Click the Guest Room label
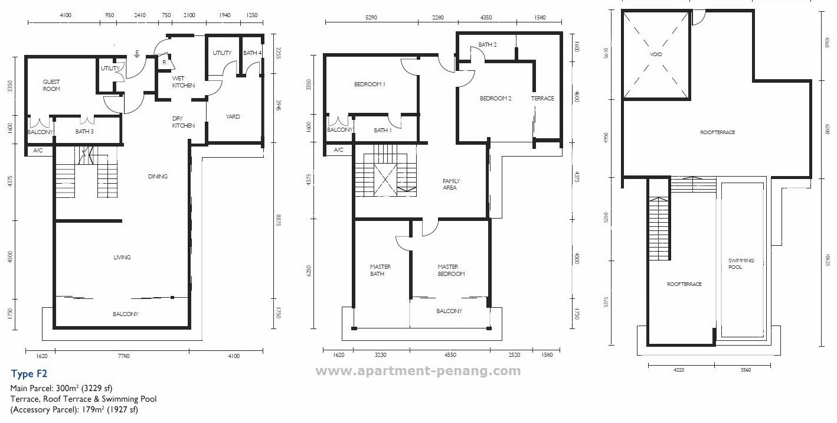(51, 85)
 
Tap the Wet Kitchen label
(183, 82)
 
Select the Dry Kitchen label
(183, 122)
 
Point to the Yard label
(233, 117)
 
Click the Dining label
(158, 176)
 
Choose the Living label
(122, 258)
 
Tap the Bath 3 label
(84, 131)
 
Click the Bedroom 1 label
(370, 84)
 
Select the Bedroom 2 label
(495, 98)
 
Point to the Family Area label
(451, 184)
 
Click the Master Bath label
(380, 270)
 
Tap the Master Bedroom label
(451, 270)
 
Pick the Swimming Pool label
(741, 263)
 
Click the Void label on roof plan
(656, 54)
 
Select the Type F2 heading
(29, 373)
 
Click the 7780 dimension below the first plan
(124, 356)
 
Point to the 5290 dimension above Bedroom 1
(371, 17)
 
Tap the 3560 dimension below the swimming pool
(746, 370)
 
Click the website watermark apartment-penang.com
(418, 371)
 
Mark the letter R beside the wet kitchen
(165, 63)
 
